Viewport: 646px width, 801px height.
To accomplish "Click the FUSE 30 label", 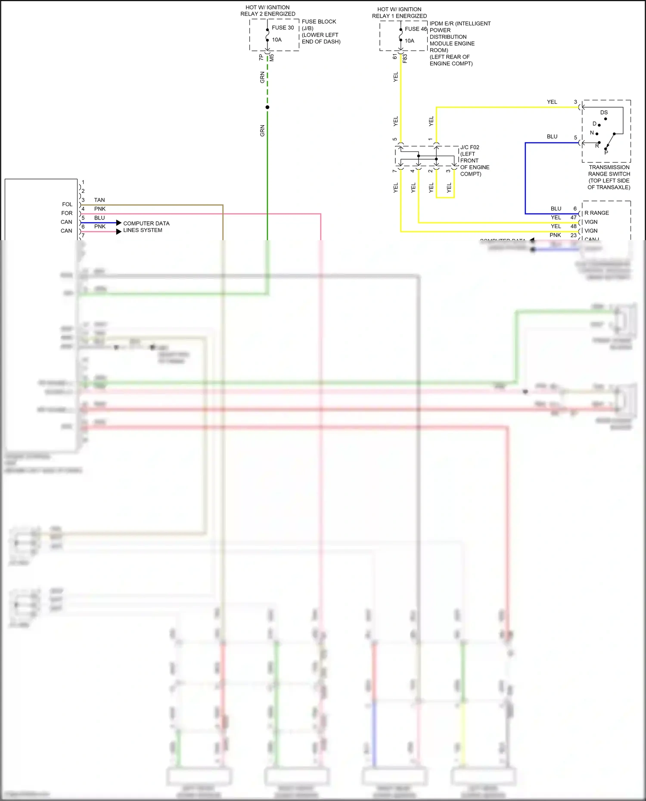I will pyautogui.click(x=283, y=28).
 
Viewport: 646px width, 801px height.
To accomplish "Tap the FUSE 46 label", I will pyautogui.click(x=415, y=29).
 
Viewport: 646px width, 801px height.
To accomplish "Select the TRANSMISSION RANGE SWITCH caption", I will pyautogui.click(x=609, y=177).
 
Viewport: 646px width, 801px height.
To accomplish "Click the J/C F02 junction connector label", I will pyautogui.click(x=469, y=147).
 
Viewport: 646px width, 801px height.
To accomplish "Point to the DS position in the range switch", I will pyautogui.click(x=604, y=112).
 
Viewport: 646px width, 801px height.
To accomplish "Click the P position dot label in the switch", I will pyautogui.click(x=606, y=152).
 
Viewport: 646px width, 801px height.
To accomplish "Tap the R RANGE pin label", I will pyautogui.click(x=596, y=213).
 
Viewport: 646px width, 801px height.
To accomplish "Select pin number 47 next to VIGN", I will pyautogui.click(x=573, y=217).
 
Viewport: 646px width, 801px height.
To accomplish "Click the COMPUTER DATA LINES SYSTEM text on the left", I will pyautogui.click(x=146, y=227).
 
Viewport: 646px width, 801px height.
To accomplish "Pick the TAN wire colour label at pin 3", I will pyautogui.click(x=99, y=200).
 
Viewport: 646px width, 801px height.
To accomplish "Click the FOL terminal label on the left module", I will pyautogui.click(x=67, y=204).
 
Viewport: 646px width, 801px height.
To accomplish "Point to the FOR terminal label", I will pyautogui.click(x=67, y=213).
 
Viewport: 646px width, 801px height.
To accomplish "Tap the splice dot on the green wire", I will pyautogui.click(x=267, y=107).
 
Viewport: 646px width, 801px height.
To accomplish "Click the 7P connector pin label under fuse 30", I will pyautogui.click(x=261, y=57).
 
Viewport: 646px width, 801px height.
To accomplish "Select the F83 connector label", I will pyautogui.click(x=405, y=58).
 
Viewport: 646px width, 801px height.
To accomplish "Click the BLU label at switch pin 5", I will pyautogui.click(x=552, y=136).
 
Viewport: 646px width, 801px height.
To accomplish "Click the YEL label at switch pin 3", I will pyautogui.click(x=552, y=102).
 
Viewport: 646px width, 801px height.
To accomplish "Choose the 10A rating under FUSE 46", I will pyautogui.click(x=409, y=41).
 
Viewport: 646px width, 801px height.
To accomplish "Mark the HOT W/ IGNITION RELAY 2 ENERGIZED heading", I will pyautogui.click(x=267, y=11).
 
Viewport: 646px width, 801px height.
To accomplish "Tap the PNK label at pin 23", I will pyautogui.click(x=555, y=235).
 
